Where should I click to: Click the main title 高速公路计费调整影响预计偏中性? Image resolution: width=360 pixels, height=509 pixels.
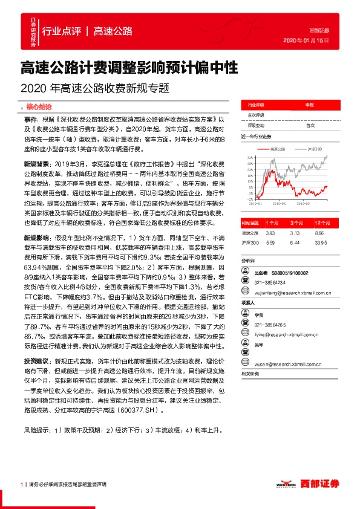[128, 65]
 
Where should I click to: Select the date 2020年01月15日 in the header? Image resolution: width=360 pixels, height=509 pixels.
[306, 39]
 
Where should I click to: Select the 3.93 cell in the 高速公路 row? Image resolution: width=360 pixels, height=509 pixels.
[270, 232]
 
